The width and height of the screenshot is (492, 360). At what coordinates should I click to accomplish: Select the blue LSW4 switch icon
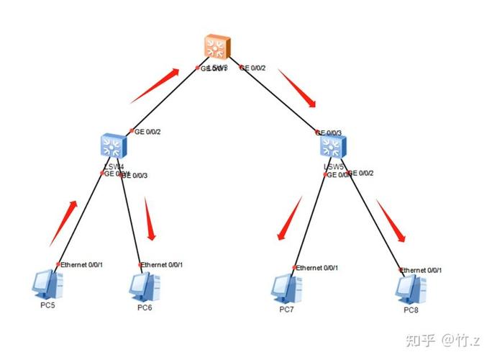pos(113,148)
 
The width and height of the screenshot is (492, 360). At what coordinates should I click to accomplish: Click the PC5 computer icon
pos(48,284)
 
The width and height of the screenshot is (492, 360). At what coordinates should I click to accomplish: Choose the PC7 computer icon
pos(287,288)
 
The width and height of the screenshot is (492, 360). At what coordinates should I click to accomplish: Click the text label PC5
pos(47,306)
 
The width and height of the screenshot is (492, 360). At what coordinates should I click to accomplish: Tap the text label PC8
pos(411,310)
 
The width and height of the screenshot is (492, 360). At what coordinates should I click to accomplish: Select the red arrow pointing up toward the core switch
pos(154,86)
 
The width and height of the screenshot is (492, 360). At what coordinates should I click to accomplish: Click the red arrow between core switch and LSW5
pos(299,89)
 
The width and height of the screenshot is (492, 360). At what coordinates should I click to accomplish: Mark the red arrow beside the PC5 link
pos(63,222)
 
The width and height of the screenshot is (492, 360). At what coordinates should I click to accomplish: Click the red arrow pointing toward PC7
pos(289,219)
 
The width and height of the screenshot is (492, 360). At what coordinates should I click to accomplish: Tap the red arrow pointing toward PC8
pos(391,221)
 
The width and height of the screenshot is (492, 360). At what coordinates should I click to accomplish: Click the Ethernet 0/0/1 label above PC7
pos(317,268)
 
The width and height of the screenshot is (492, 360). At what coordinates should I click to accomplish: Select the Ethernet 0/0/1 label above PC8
pos(422,270)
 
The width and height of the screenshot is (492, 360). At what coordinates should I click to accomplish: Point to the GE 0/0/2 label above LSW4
pos(147,132)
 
